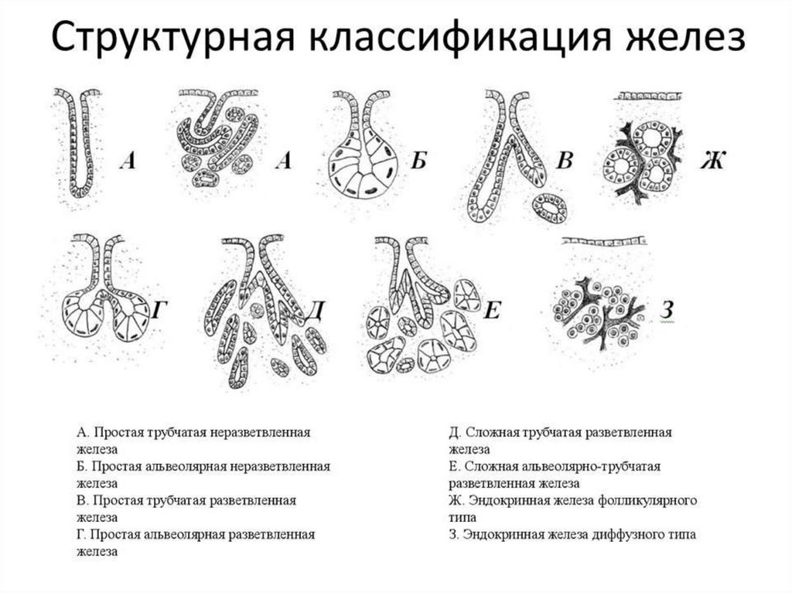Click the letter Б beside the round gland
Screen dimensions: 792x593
[419, 161]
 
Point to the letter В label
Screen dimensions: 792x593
[565, 161]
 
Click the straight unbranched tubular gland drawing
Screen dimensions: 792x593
[77, 147]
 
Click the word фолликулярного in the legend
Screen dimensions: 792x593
[654, 500]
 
